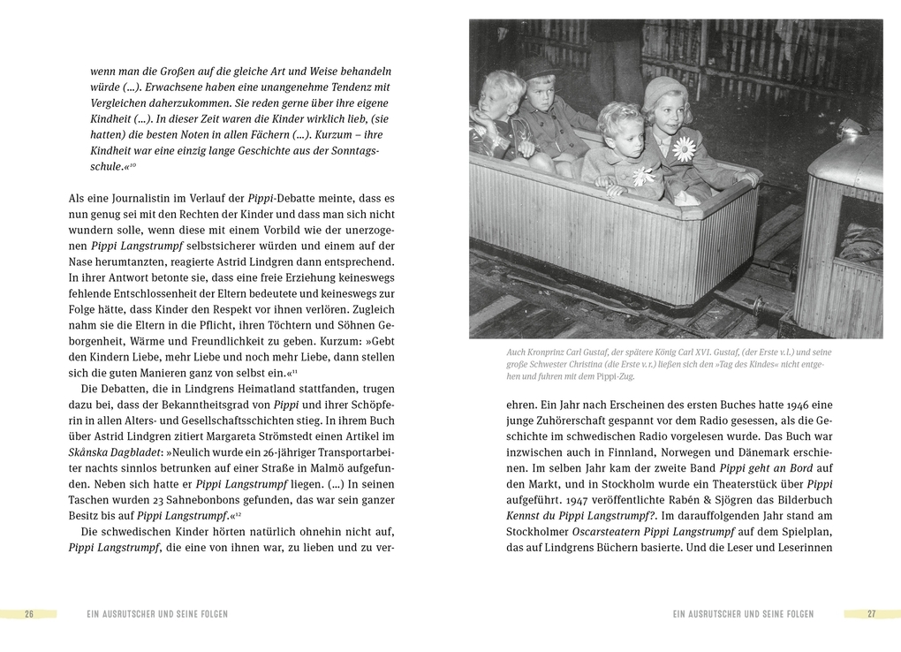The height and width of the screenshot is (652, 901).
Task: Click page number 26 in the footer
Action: click(29, 614)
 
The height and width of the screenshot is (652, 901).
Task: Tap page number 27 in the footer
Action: click(871, 614)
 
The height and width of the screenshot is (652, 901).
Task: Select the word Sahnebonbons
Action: click(165, 500)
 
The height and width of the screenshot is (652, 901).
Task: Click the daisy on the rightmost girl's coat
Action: click(684, 148)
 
